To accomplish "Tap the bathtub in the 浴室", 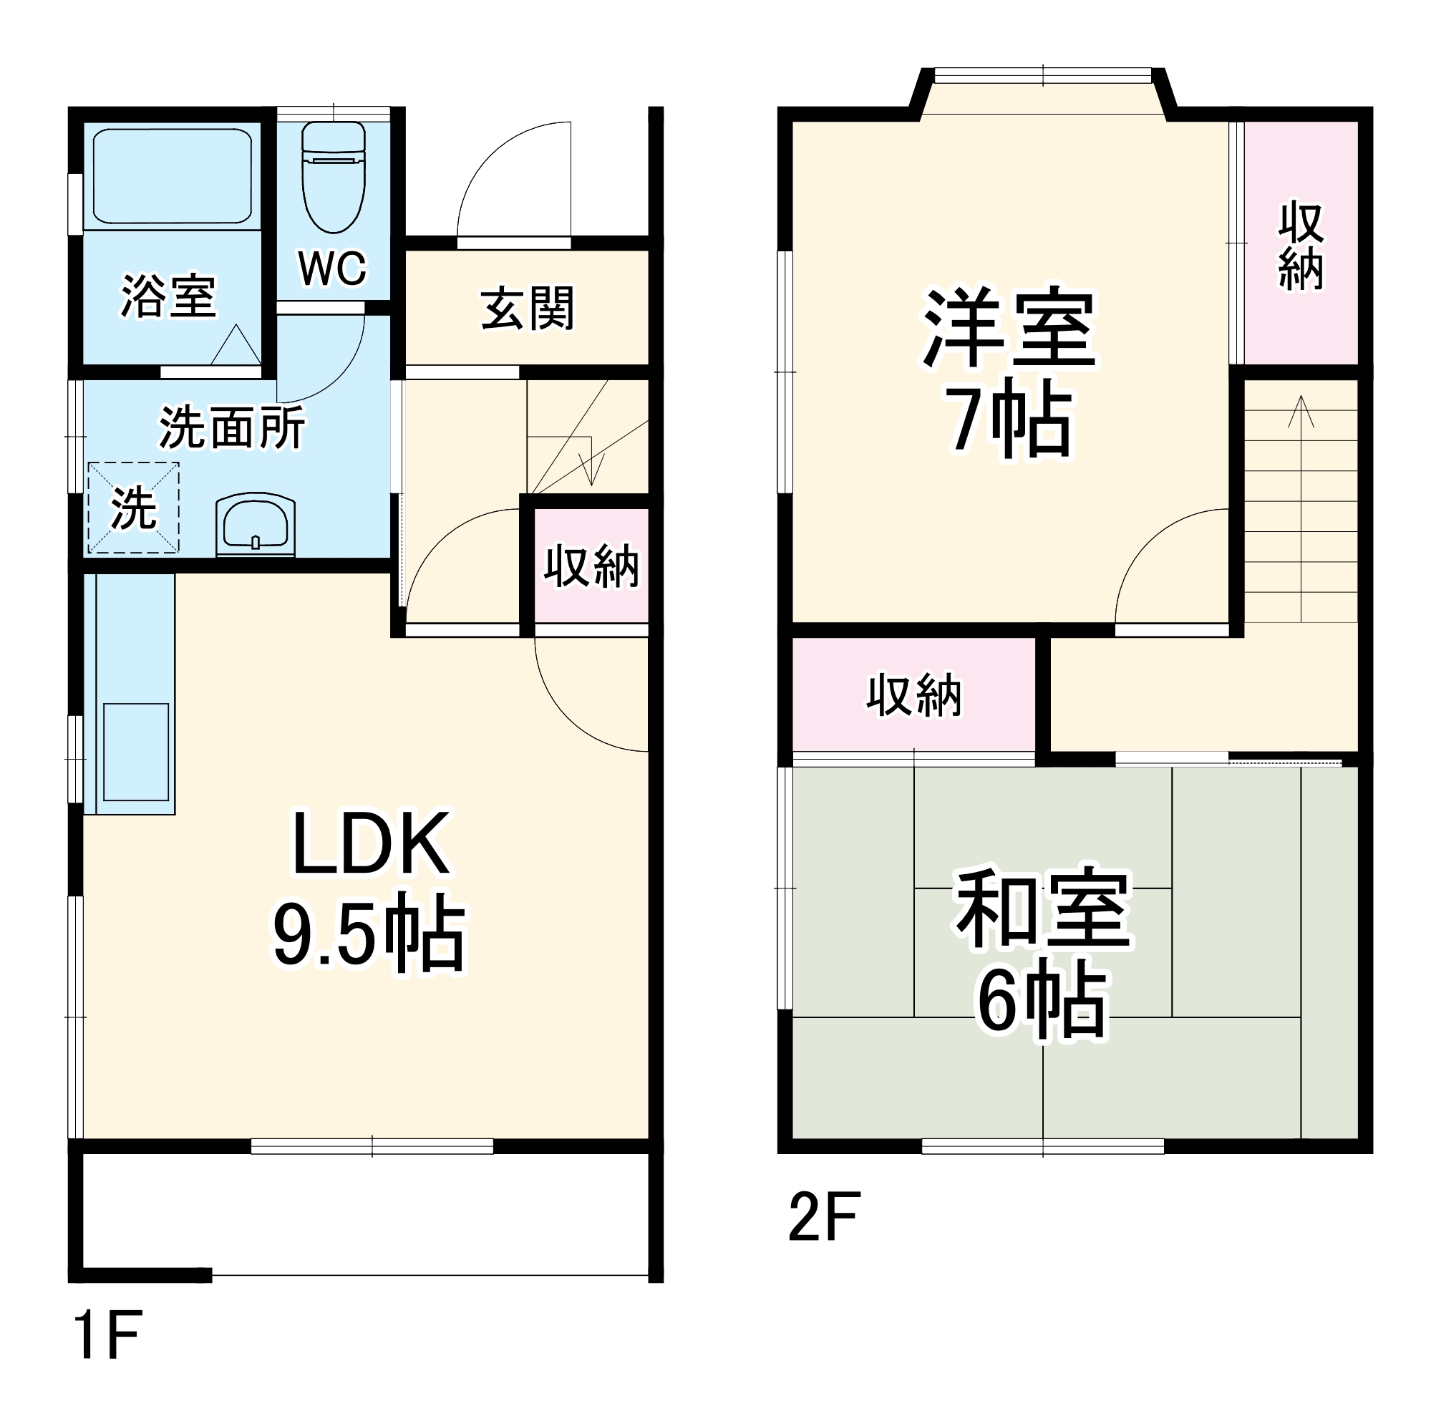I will [x=172, y=176].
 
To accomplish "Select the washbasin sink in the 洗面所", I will [x=256, y=524].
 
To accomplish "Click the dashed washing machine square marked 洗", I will [x=133, y=508].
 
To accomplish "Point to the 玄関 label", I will [x=527, y=309].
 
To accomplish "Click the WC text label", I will [x=333, y=268].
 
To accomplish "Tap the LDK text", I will [x=371, y=845].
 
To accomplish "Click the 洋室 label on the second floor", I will [x=1009, y=328].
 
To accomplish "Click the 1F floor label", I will [x=108, y=1335].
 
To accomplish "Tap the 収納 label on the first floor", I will [x=591, y=567].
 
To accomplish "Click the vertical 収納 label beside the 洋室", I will [x=1301, y=246].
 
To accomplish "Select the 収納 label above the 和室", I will [x=914, y=696].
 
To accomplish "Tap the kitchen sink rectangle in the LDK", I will [x=135, y=752].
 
